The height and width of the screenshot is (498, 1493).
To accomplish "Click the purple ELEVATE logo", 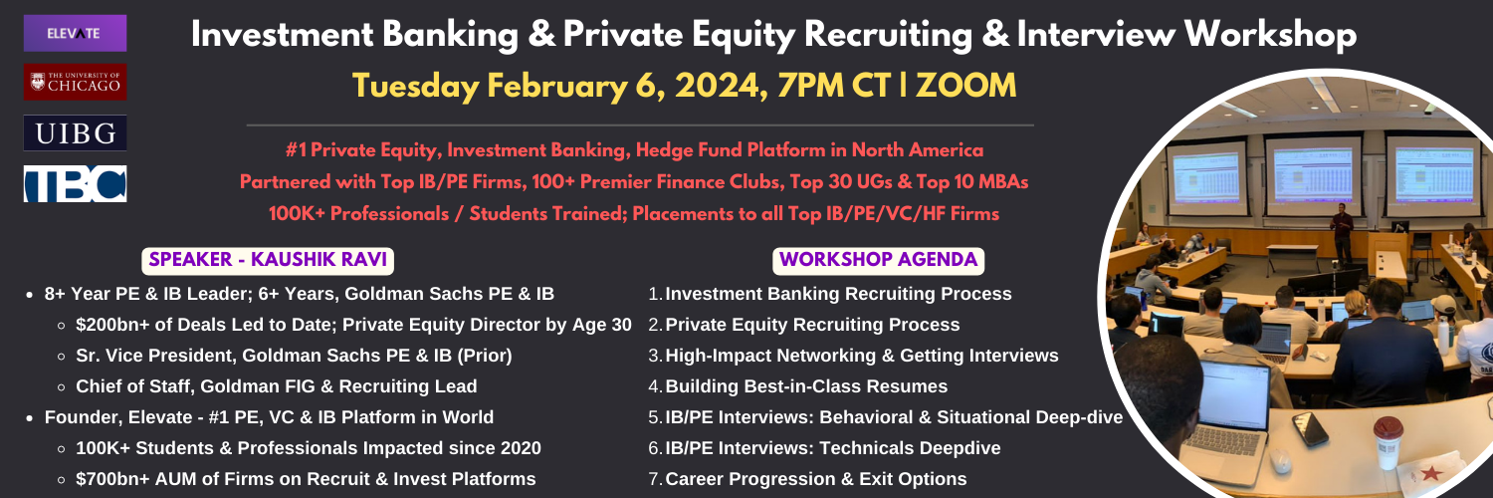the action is pyautogui.click(x=75, y=33).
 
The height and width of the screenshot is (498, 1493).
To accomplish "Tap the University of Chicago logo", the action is pyautogui.click(x=75, y=82).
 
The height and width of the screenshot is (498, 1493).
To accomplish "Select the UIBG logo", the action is pyautogui.click(x=75, y=133).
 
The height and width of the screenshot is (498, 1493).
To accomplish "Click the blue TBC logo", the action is pyautogui.click(x=75, y=184).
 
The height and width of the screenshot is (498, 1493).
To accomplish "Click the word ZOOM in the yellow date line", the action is pyautogui.click(x=965, y=86).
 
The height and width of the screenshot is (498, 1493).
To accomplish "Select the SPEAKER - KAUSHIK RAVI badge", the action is pyautogui.click(x=268, y=260).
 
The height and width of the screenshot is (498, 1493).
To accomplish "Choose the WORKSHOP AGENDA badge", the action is pyautogui.click(x=879, y=260).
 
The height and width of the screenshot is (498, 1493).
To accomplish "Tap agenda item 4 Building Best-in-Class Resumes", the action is pyautogui.click(x=798, y=386).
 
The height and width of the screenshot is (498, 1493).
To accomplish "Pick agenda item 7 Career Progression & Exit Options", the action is pyautogui.click(x=808, y=479).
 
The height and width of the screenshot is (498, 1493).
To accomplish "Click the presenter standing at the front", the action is pyautogui.click(x=1341, y=233).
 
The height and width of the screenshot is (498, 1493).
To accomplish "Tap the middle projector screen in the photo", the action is pyautogui.click(x=1313, y=175).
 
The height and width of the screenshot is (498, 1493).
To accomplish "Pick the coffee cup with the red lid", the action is pyautogui.click(x=1387, y=441).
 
